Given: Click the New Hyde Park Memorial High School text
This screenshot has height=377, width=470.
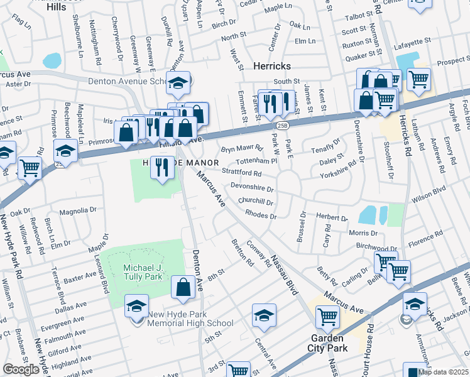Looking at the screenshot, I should coord(190,319).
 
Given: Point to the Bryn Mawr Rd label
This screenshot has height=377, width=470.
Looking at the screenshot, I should coord(241,150).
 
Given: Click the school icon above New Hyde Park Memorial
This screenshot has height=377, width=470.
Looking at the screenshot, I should coord(136,307).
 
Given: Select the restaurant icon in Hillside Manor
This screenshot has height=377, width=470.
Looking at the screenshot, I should coord(163,167).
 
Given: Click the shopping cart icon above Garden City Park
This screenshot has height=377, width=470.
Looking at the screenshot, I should coord(327,317).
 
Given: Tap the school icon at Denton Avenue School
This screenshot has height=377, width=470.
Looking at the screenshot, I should coord(178,82).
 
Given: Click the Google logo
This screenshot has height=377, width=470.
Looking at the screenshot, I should coord(21,369).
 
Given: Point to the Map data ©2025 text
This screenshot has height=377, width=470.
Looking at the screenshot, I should coord(442,372).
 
